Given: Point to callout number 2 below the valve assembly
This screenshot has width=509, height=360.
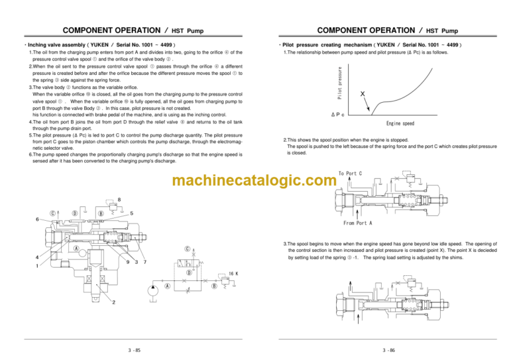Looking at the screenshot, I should click(113, 303).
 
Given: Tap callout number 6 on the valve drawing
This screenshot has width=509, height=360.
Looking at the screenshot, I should click(38, 220).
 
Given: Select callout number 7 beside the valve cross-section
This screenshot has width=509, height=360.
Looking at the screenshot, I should click(145, 262).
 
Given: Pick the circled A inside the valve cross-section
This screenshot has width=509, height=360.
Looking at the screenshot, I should click(78, 249).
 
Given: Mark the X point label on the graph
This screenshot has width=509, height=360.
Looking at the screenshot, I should click(362, 93).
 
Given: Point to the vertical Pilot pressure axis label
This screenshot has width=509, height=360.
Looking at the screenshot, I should click(339, 83).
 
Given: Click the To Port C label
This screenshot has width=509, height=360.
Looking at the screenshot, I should click(350, 173).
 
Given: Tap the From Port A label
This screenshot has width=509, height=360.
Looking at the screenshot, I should click(358, 223).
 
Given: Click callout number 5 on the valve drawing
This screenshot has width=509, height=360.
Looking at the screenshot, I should click(133, 213).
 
